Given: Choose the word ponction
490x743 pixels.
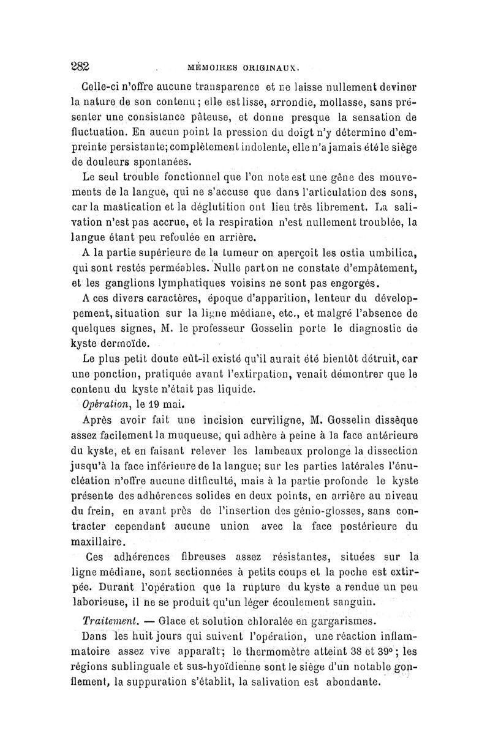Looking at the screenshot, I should (125, 373).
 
